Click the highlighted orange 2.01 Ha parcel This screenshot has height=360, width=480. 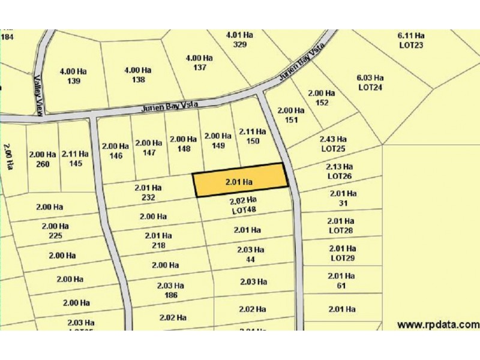239,181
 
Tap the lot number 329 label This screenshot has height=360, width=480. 239,44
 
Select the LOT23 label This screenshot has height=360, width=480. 411,44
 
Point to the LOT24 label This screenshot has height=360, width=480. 370,87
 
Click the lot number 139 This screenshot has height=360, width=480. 74,81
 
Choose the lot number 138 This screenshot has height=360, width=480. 138,79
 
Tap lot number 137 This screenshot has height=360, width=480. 199,68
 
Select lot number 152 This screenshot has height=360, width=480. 322,102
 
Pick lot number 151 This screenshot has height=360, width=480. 291,119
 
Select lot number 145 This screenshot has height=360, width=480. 75,163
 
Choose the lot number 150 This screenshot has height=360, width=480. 253,141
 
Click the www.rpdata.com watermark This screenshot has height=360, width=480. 438,325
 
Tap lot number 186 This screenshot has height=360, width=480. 170,295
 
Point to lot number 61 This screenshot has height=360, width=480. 342,286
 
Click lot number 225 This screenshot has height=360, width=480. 55,236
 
